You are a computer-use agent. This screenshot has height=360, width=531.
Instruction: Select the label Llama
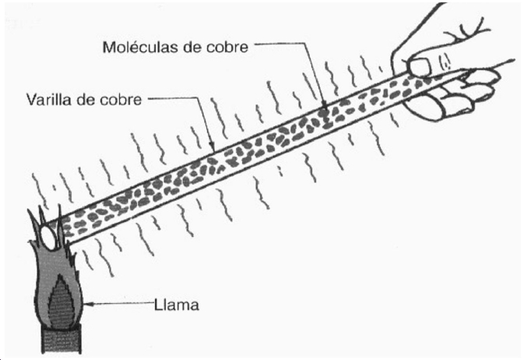(177, 305)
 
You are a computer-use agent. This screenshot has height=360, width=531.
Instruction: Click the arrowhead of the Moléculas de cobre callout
(325, 107)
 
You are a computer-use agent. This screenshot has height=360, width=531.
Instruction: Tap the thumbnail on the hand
(419, 66)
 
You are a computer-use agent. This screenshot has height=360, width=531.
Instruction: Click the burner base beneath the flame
(62, 340)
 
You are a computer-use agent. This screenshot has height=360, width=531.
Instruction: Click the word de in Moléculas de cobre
(192, 47)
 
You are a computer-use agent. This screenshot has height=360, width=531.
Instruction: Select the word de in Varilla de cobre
(88, 99)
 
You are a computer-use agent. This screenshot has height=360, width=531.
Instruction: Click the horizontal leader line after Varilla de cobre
(172, 98)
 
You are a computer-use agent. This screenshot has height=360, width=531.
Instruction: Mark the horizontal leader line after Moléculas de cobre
(280, 44)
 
